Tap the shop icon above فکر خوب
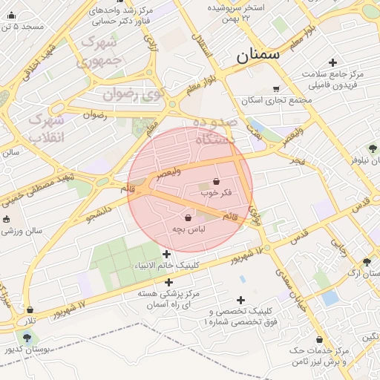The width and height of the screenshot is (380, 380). (x=216, y=181)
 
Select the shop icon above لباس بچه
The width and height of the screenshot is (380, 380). (x=188, y=218)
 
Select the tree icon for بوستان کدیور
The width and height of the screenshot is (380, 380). (x=27, y=338)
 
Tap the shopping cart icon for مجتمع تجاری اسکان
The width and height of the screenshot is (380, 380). (x=276, y=89)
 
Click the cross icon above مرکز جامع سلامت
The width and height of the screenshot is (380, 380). (x=332, y=63)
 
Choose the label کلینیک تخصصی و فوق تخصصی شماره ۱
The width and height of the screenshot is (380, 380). (x=242, y=316)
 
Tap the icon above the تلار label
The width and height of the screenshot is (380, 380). (x=30, y=309)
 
